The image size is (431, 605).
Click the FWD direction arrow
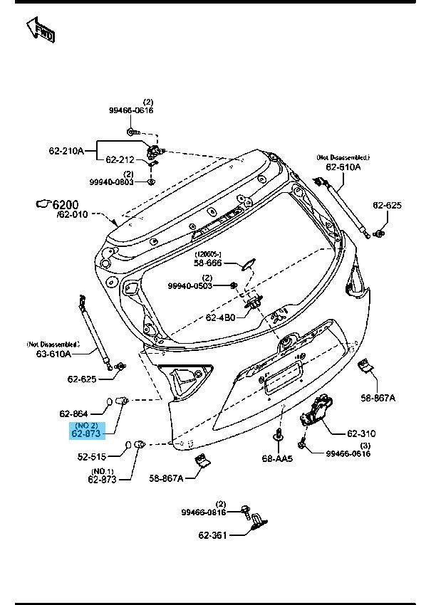(41, 31)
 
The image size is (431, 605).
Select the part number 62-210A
(66, 151)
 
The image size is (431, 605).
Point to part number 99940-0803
(112, 182)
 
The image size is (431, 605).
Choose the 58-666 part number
(210, 262)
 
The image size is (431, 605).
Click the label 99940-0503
(191, 286)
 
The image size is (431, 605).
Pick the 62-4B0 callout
(222, 317)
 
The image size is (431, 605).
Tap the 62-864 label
(74, 414)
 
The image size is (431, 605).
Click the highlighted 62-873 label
(87, 432)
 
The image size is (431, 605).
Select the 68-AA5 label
(278, 458)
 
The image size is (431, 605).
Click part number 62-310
(362, 433)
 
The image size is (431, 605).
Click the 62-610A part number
(343, 167)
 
